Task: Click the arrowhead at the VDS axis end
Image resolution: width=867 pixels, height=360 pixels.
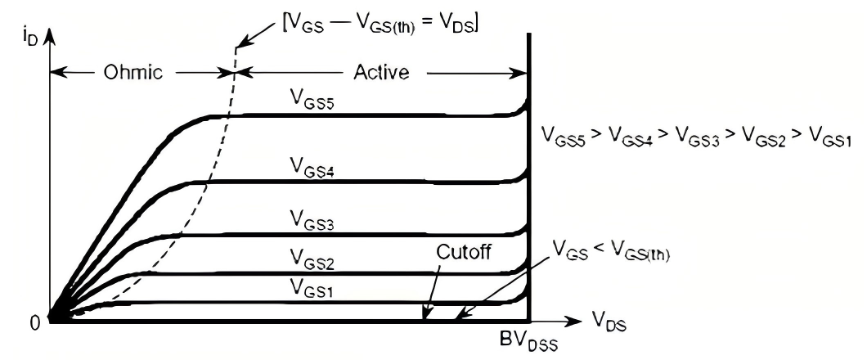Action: coord(573,320)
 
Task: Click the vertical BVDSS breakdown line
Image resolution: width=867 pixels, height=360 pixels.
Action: coord(528,205)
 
